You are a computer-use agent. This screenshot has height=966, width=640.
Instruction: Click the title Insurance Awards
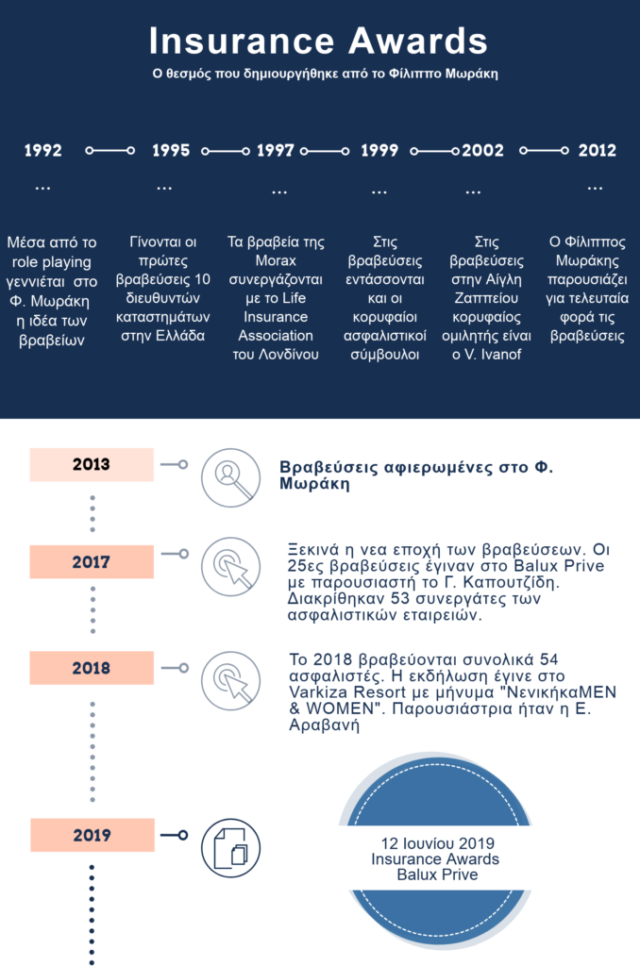[319, 42]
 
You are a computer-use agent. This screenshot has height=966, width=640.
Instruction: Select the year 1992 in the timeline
[42, 151]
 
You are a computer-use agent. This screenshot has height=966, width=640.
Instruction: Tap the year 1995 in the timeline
[170, 151]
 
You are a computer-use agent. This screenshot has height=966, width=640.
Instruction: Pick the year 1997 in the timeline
[276, 151]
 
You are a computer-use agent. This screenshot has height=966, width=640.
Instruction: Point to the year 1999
[379, 151]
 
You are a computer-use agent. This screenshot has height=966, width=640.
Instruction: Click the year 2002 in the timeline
[482, 151]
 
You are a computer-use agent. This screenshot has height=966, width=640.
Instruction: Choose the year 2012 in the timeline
[597, 151]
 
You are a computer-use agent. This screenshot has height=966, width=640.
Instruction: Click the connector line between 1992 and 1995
[109, 151]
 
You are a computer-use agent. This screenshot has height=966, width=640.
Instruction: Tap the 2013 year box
[91, 464]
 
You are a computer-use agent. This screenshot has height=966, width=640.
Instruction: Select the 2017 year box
[91, 562]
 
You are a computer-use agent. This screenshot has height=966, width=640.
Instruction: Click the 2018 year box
[91, 668]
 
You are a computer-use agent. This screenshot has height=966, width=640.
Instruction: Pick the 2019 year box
[91, 835]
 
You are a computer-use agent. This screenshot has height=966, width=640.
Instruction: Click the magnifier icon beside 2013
[230, 477]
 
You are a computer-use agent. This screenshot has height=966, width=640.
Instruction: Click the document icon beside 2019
[230, 846]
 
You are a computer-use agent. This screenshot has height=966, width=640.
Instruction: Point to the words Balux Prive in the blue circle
[437, 874]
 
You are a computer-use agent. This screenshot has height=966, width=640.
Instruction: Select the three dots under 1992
[42, 189]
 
